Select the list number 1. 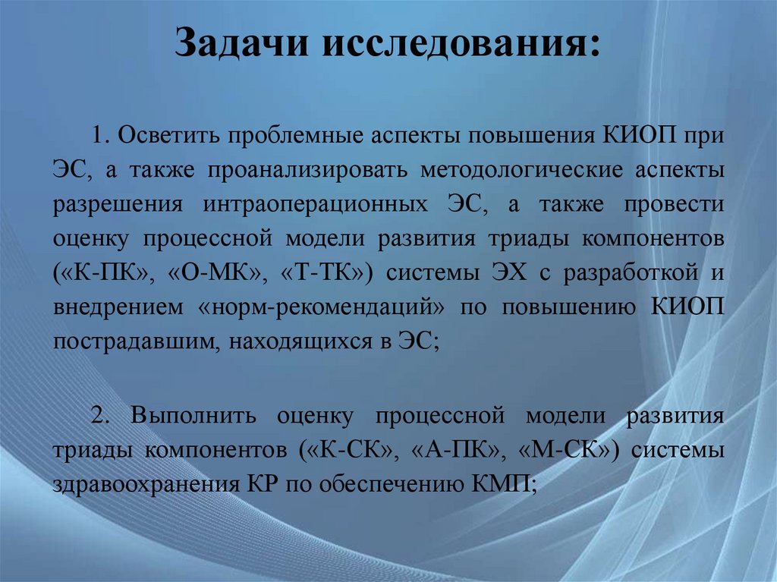[98, 137]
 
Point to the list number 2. [99, 417]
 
